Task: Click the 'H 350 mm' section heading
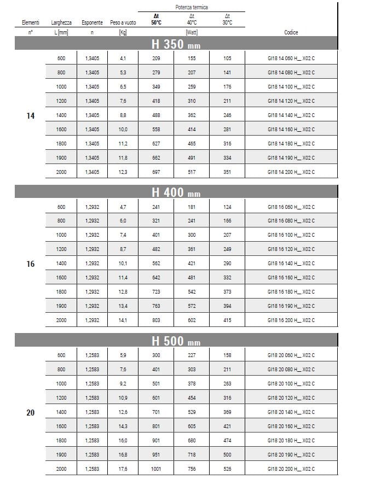(x=176, y=44)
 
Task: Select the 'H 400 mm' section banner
(x=176, y=192)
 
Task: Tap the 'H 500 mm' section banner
(x=176, y=341)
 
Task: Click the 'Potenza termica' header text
(x=191, y=7)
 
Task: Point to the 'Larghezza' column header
(x=61, y=23)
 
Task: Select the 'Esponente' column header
(x=92, y=23)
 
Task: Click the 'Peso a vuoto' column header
(x=123, y=23)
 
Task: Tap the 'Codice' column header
(x=291, y=33)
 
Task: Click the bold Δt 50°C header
(x=157, y=20)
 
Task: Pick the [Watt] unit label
(x=192, y=33)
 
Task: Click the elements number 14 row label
(x=31, y=115)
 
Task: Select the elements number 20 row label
(x=31, y=412)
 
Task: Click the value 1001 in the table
(x=157, y=469)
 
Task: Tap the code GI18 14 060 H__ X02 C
(x=291, y=59)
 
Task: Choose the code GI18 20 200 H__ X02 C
(x=291, y=469)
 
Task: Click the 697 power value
(x=157, y=172)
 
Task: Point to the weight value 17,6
(x=123, y=469)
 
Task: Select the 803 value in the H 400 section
(x=157, y=320)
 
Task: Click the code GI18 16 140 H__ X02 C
(x=291, y=264)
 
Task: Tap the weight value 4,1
(x=123, y=59)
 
